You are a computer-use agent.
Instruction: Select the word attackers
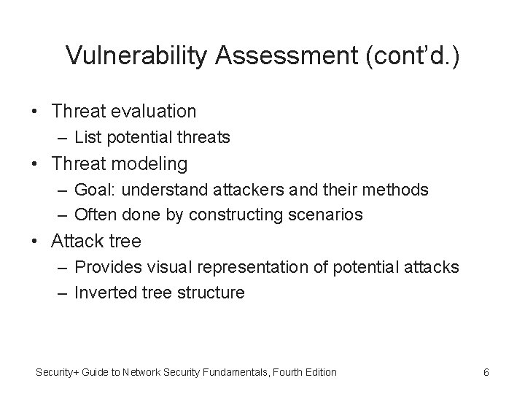pos(239,190)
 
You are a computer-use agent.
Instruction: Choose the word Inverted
pos(105,293)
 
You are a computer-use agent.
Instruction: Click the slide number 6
pos(486,372)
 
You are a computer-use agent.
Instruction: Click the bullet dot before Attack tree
pos(36,241)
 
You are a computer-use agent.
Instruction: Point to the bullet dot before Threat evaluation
pos(36,112)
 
